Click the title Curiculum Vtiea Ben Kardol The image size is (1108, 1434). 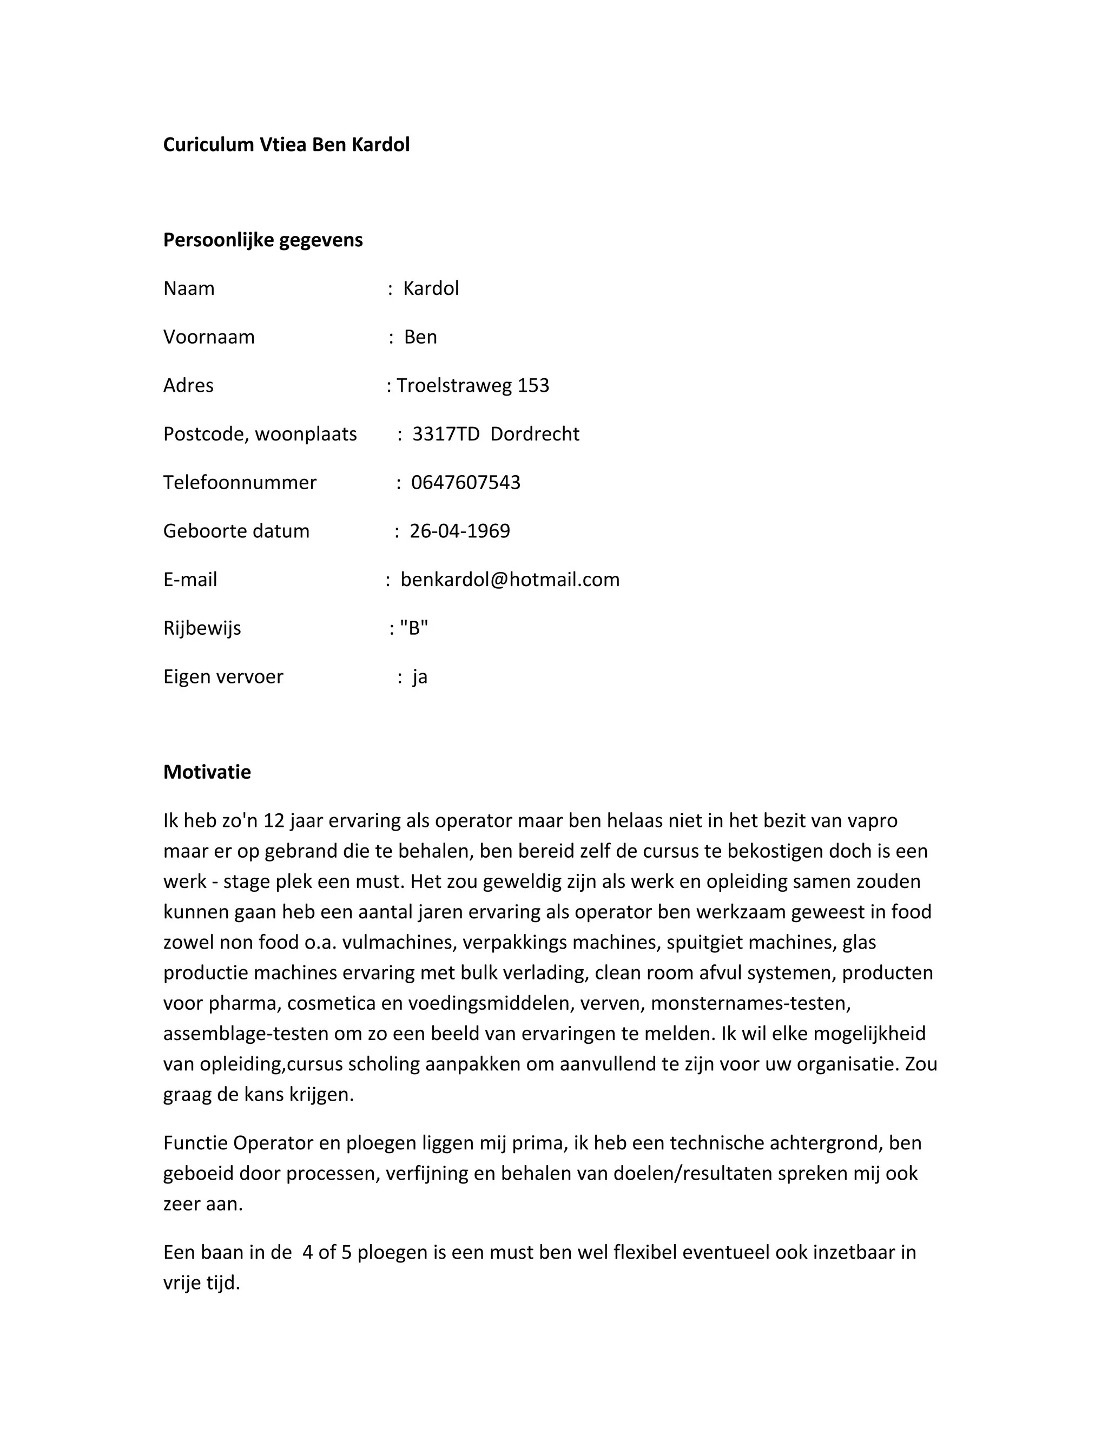point(286,144)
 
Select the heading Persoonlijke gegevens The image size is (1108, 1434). point(262,240)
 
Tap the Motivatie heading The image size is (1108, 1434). point(207,772)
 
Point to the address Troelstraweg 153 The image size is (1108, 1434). point(473,385)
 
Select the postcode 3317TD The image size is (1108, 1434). point(446,434)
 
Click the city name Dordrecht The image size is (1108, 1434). point(535,434)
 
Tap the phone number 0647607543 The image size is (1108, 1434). point(465,483)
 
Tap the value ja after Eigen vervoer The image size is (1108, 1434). point(419,677)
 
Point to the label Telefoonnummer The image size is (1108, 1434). point(240,483)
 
